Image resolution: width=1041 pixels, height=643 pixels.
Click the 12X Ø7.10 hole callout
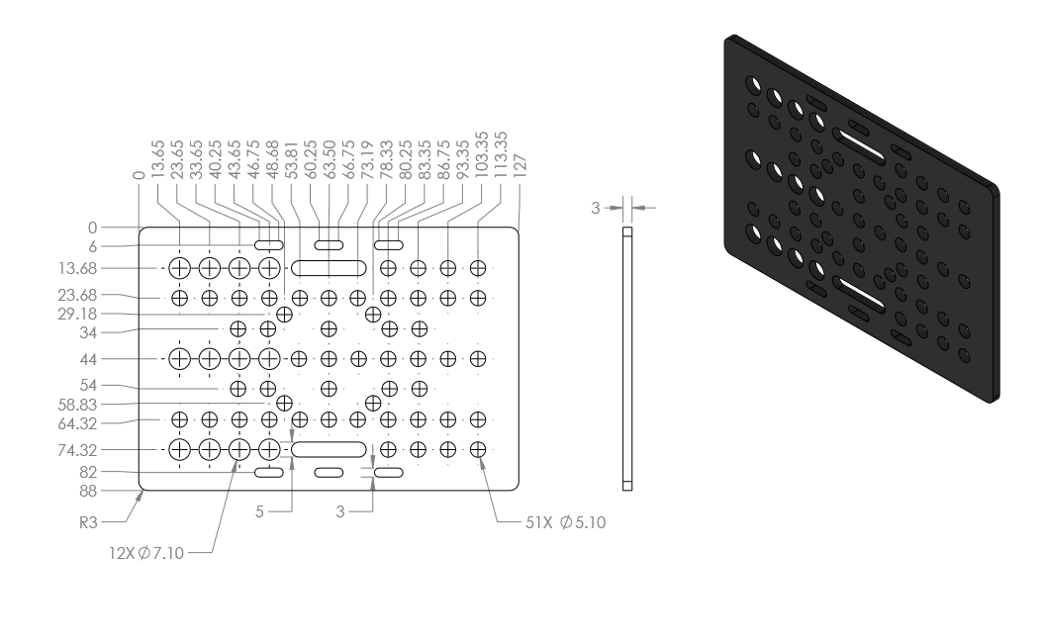pyautogui.click(x=146, y=553)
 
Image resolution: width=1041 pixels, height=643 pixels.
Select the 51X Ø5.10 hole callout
pyautogui.click(x=566, y=523)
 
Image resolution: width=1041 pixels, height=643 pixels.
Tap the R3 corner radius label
pyautogui.click(x=88, y=523)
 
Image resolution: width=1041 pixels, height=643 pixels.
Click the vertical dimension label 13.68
pyautogui.click(x=77, y=269)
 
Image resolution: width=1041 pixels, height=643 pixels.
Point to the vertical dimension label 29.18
pyautogui.click(x=77, y=314)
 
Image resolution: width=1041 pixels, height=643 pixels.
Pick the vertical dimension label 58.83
pyautogui.click(x=77, y=405)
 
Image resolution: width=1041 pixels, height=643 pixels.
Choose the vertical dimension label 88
pyautogui.click(x=88, y=491)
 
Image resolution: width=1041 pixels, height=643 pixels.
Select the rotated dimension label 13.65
pyautogui.click(x=157, y=158)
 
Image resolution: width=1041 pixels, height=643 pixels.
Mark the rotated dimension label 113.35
pyautogui.click(x=501, y=154)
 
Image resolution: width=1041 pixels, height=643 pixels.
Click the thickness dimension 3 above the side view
pyautogui.click(x=596, y=209)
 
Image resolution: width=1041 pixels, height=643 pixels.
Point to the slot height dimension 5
pyautogui.click(x=259, y=511)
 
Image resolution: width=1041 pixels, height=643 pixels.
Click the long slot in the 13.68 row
pyautogui.click(x=329, y=268)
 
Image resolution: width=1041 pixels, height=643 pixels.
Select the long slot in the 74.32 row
pyautogui.click(x=329, y=449)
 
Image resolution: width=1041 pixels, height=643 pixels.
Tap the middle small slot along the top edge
pyautogui.click(x=329, y=245)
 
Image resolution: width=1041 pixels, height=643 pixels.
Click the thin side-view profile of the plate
pyautogui.click(x=627, y=359)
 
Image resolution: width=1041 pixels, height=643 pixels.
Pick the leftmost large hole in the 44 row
pyautogui.click(x=179, y=359)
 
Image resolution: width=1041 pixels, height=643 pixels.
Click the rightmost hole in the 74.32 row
pyautogui.click(x=478, y=450)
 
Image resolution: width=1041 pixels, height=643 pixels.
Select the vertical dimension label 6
pyautogui.click(x=93, y=247)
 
